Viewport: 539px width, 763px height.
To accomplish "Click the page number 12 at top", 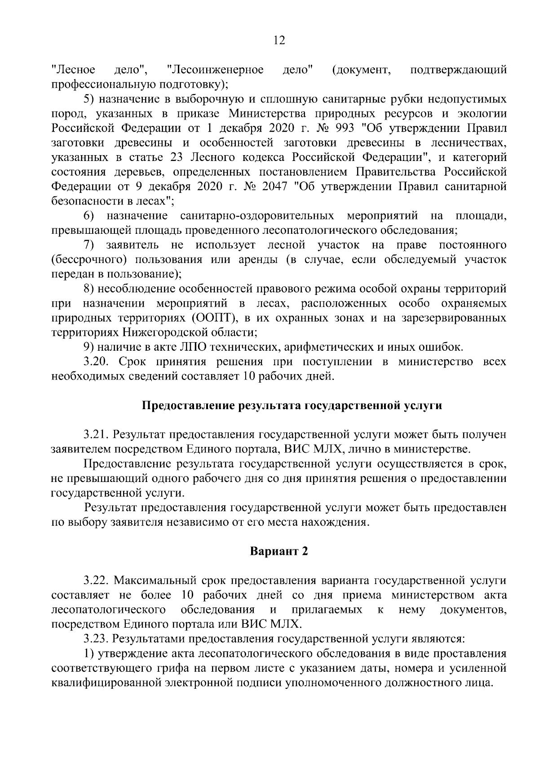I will (x=279, y=40).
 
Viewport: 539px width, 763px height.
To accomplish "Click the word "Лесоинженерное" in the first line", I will (x=215, y=70).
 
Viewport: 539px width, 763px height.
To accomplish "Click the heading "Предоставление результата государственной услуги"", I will (x=292, y=406).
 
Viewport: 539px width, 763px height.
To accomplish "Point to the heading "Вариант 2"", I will (x=279, y=552).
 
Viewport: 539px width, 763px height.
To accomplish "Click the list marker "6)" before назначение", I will (x=89, y=216).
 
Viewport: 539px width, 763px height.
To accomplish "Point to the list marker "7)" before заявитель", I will (x=89, y=245).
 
